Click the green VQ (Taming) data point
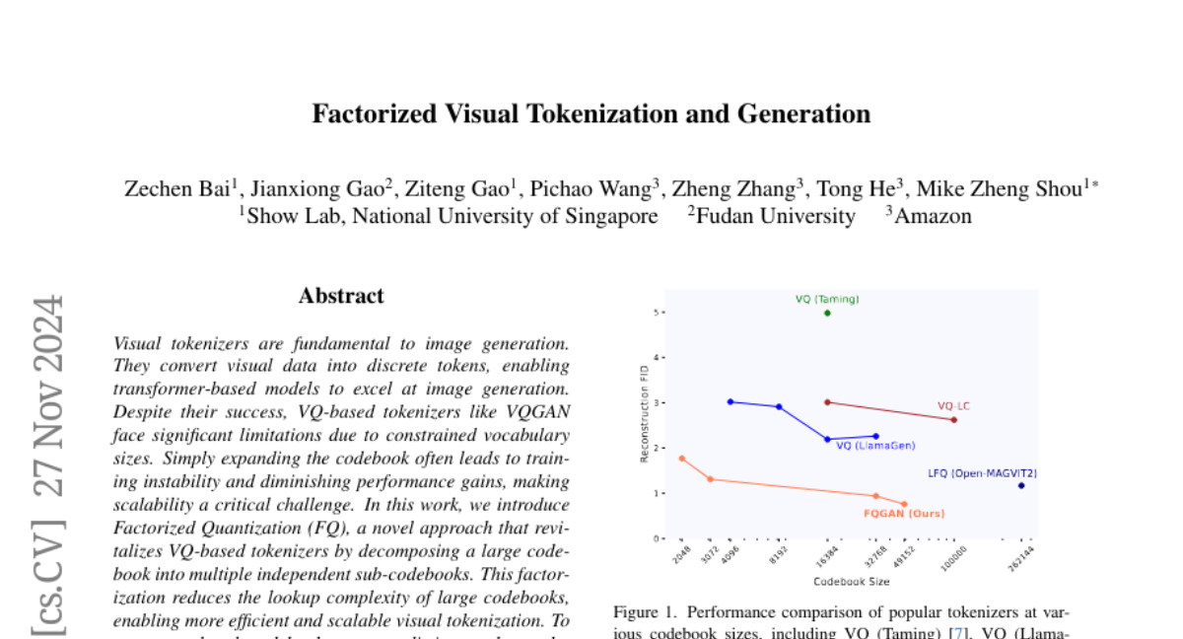click(x=827, y=313)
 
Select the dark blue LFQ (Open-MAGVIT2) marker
click(x=1021, y=485)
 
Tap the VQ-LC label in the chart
click(x=952, y=405)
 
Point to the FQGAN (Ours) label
click(x=904, y=513)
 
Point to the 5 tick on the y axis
click(x=657, y=313)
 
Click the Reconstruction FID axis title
click(x=645, y=413)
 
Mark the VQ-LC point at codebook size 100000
click(x=953, y=420)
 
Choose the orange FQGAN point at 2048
click(x=681, y=459)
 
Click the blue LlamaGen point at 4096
click(x=730, y=401)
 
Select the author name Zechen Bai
click(x=176, y=189)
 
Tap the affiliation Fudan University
click(x=775, y=216)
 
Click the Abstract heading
click(x=341, y=296)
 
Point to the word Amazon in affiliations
click(x=933, y=216)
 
